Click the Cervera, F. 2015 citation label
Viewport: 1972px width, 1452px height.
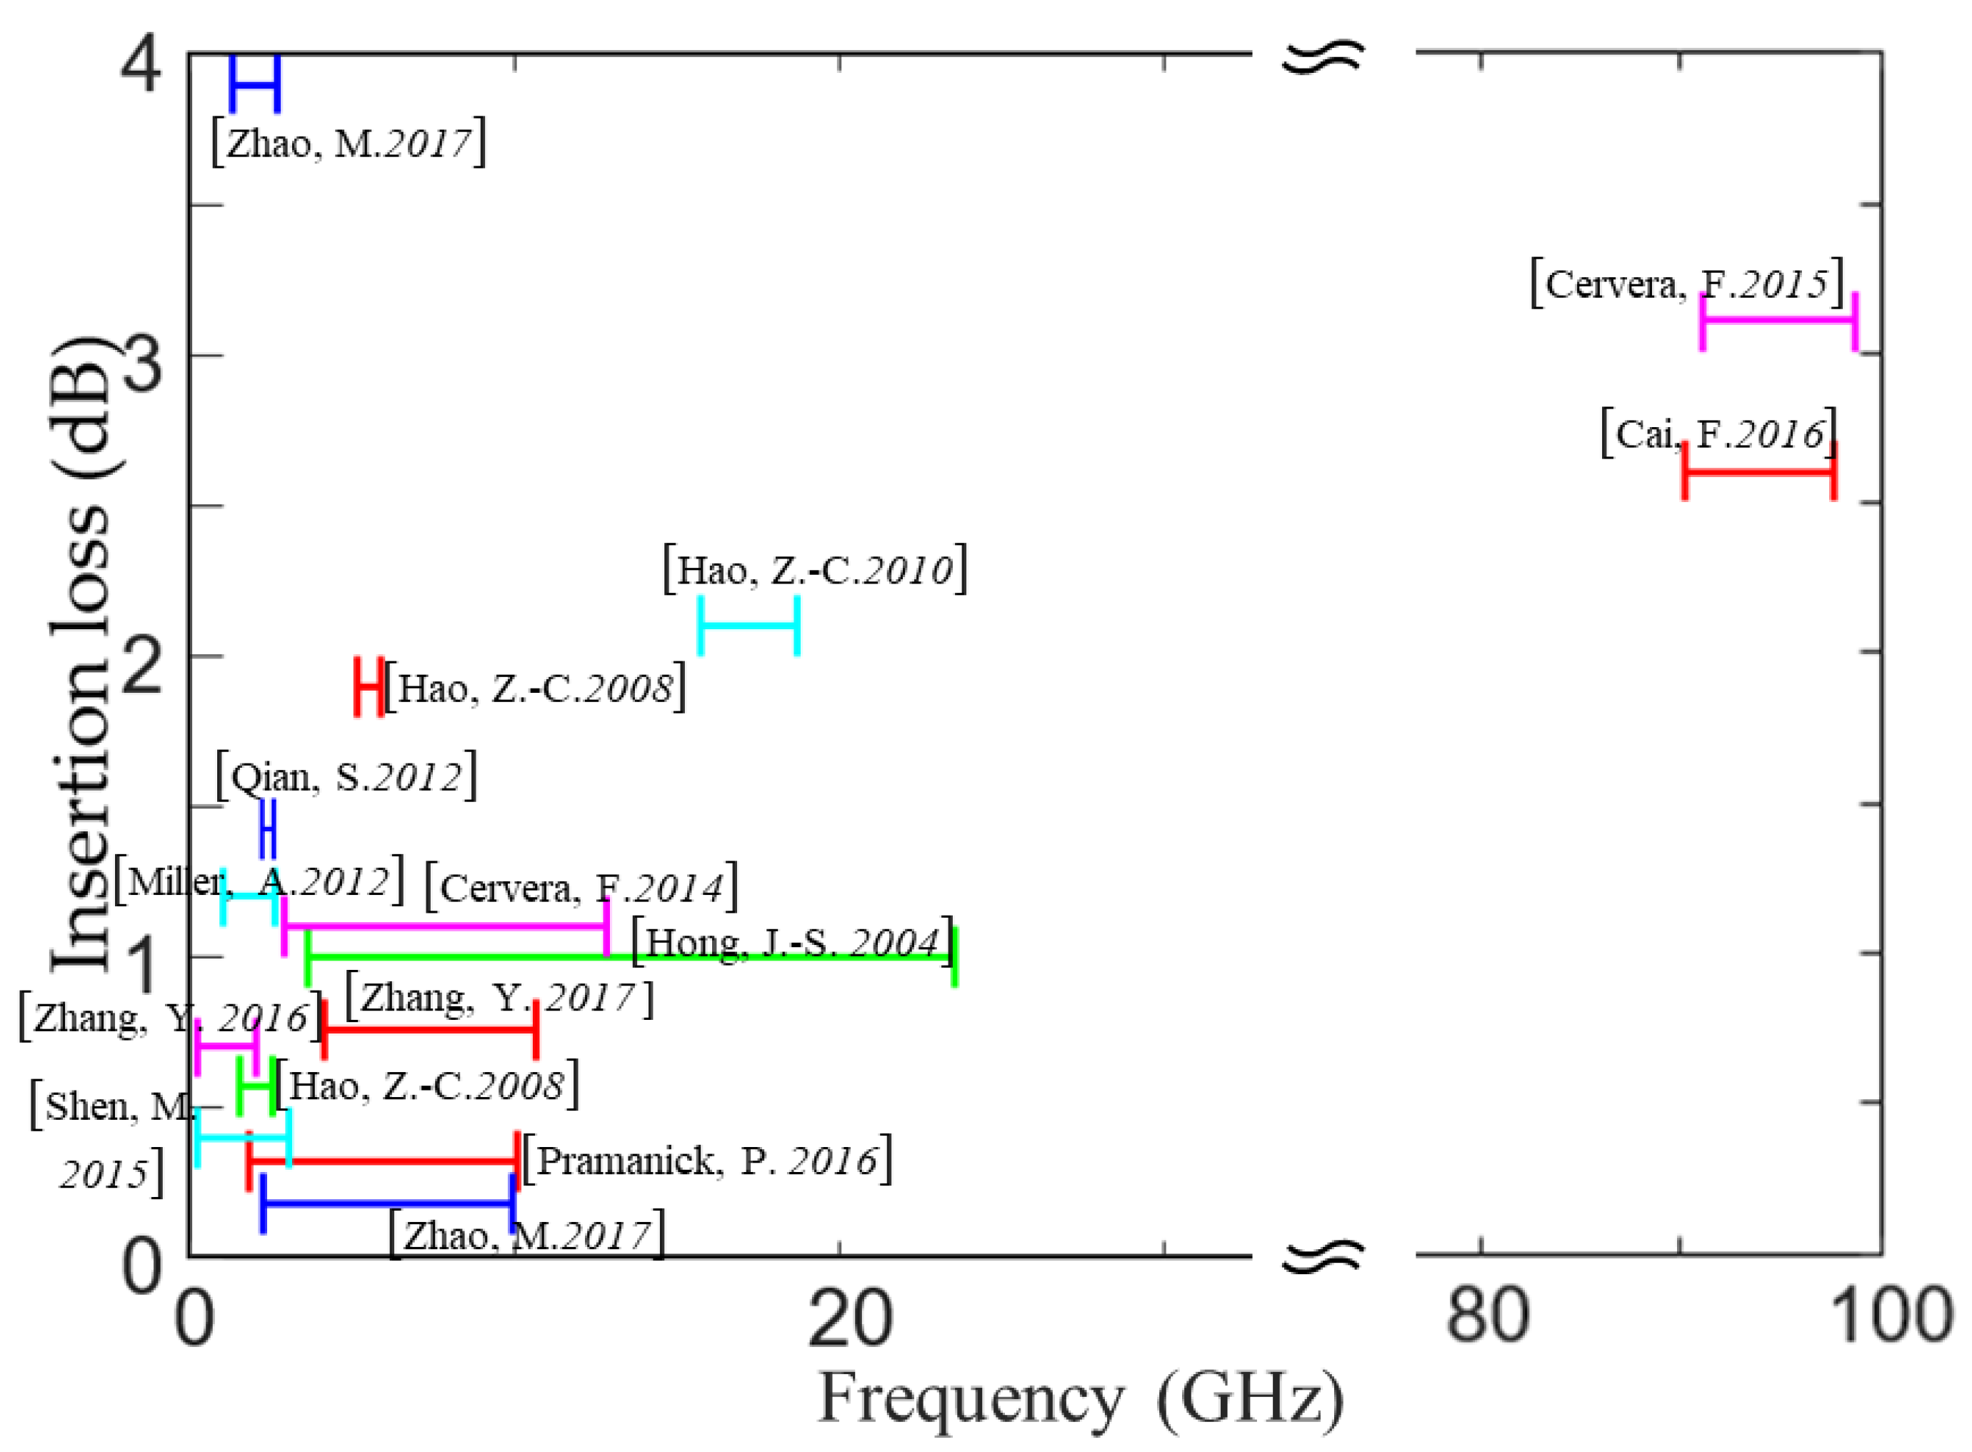(x=1686, y=284)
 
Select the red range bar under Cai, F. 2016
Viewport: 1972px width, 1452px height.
(x=1758, y=472)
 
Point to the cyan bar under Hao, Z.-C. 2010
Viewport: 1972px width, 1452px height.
(x=748, y=625)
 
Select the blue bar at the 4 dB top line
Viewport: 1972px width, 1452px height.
(x=255, y=84)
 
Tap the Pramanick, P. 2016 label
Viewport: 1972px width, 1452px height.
(x=706, y=1160)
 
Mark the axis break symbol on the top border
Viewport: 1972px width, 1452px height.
(x=1322, y=58)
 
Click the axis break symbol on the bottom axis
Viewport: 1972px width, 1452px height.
(x=1322, y=1257)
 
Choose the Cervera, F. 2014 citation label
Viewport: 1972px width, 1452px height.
(x=581, y=888)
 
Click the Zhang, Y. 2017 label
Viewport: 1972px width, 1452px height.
(x=499, y=998)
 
